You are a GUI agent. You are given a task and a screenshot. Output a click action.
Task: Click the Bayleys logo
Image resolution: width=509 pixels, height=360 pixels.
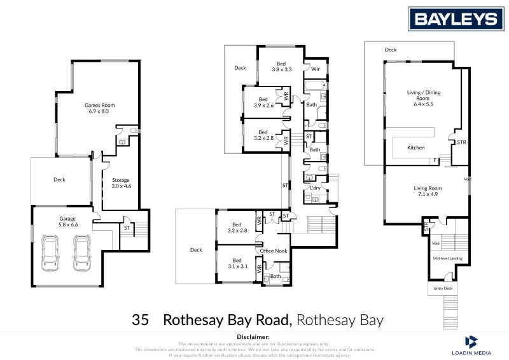tap(456, 18)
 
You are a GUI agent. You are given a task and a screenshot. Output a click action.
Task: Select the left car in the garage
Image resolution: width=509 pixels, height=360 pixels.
tap(50, 253)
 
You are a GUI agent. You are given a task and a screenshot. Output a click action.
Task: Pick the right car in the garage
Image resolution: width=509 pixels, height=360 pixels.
tap(82, 253)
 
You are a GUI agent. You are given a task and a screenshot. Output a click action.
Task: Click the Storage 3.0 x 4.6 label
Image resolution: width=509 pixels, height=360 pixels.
tap(120, 183)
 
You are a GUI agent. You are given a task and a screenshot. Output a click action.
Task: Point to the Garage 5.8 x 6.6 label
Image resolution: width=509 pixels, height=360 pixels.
tap(67, 222)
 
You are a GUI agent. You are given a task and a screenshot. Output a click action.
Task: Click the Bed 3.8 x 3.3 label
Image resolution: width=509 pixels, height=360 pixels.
tap(281, 66)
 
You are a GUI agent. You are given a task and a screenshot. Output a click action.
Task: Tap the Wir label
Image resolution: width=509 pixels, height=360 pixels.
tap(314, 68)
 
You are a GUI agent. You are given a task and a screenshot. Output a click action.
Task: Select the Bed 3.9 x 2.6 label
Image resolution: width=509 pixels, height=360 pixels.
tap(263, 102)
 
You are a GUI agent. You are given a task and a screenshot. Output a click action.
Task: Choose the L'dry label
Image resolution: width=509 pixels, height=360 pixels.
tap(314, 188)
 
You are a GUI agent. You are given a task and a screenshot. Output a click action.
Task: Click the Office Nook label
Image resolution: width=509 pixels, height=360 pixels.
tap(274, 251)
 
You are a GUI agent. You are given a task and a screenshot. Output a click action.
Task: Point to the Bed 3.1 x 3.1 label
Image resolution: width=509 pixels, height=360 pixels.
tap(237, 263)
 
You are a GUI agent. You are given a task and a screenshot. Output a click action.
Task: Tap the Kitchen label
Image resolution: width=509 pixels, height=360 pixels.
tap(416, 148)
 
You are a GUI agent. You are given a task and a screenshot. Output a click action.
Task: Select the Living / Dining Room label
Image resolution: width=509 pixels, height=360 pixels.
tap(423, 95)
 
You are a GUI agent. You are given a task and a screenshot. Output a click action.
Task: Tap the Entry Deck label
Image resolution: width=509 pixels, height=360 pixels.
tap(443, 289)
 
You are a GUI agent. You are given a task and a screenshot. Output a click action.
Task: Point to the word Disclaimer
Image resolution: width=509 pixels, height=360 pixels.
tap(253, 336)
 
